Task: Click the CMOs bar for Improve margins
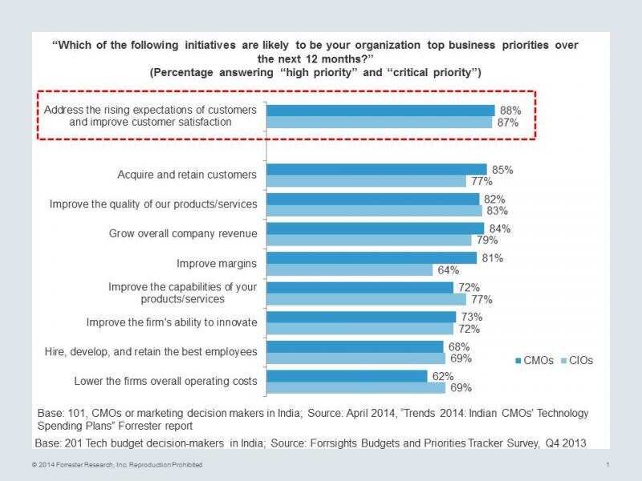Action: coord(371,258)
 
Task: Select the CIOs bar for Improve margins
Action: coord(349,270)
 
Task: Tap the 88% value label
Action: coord(510,110)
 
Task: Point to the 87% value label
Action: coord(508,123)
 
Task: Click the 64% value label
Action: coord(448,270)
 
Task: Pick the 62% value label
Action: coord(443,376)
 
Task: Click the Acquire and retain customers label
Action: coord(187,175)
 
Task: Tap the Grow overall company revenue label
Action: coord(183,234)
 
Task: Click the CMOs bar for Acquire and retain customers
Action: coord(376,169)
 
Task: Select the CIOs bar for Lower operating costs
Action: coord(356,388)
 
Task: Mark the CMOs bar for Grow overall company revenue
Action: coord(375,228)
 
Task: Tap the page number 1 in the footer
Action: coord(609,465)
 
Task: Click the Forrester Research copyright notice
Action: coord(117,465)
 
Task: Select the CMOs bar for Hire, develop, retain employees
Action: coord(354,346)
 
